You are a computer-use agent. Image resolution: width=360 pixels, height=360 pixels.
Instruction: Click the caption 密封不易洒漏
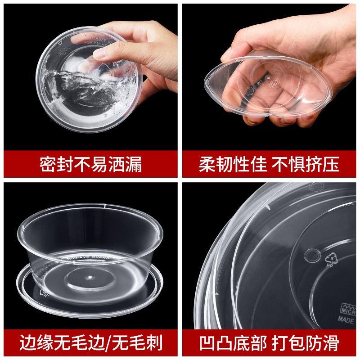(90, 165)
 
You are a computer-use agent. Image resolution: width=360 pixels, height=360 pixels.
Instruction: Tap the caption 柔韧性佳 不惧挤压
(269, 165)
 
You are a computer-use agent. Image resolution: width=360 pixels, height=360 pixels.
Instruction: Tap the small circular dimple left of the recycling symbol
(310, 255)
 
